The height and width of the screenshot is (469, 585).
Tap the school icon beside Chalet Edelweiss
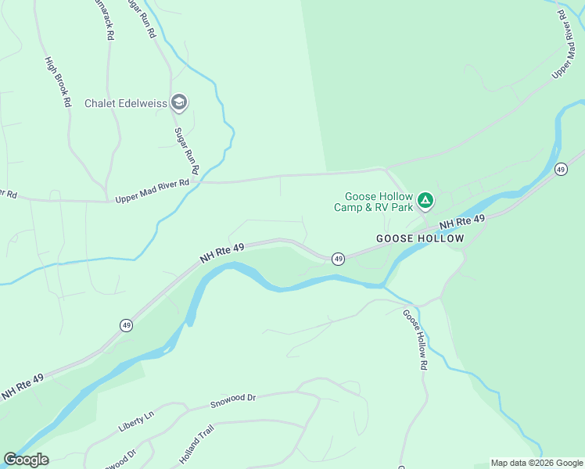click(x=179, y=102)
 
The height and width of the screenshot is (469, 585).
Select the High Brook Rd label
click(x=58, y=82)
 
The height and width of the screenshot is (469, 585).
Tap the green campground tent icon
click(x=425, y=201)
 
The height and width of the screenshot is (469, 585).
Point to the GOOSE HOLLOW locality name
click(x=419, y=238)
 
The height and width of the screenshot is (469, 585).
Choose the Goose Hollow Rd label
click(x=415, y=339)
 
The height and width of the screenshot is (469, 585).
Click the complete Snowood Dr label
click(x=233, y=401)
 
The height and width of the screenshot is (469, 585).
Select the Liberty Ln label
click(x=138, y=421)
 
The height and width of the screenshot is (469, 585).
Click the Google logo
click(x=26, y=460)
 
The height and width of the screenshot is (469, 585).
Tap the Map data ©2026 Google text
click(x=537, y=463)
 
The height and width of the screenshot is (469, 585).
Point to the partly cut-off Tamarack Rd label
click(x=105, y=19)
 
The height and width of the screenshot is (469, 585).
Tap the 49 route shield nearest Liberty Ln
click(x=126, y=324)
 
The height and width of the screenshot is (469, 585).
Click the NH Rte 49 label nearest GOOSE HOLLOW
click(x=462, y=223)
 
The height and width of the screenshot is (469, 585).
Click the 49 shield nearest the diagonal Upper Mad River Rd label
click(x=561, y=169)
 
